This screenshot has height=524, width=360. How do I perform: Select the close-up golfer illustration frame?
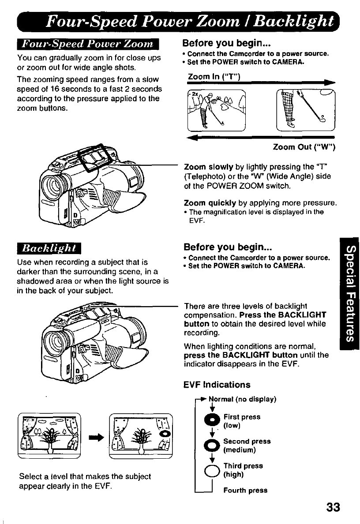[305, 110]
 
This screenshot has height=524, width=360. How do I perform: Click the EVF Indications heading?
[217, 385]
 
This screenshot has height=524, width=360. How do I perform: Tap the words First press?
[242, 417]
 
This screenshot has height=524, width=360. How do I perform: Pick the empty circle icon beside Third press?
[210, 470]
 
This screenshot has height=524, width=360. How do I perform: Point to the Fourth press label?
[245, 490]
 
